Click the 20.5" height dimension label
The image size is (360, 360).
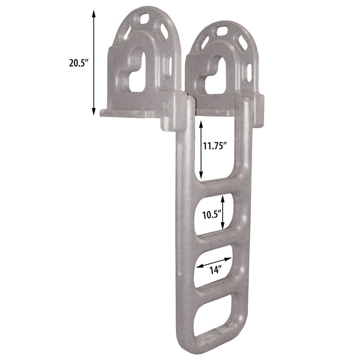[78, 63]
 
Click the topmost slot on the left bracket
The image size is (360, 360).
[145, 19]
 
